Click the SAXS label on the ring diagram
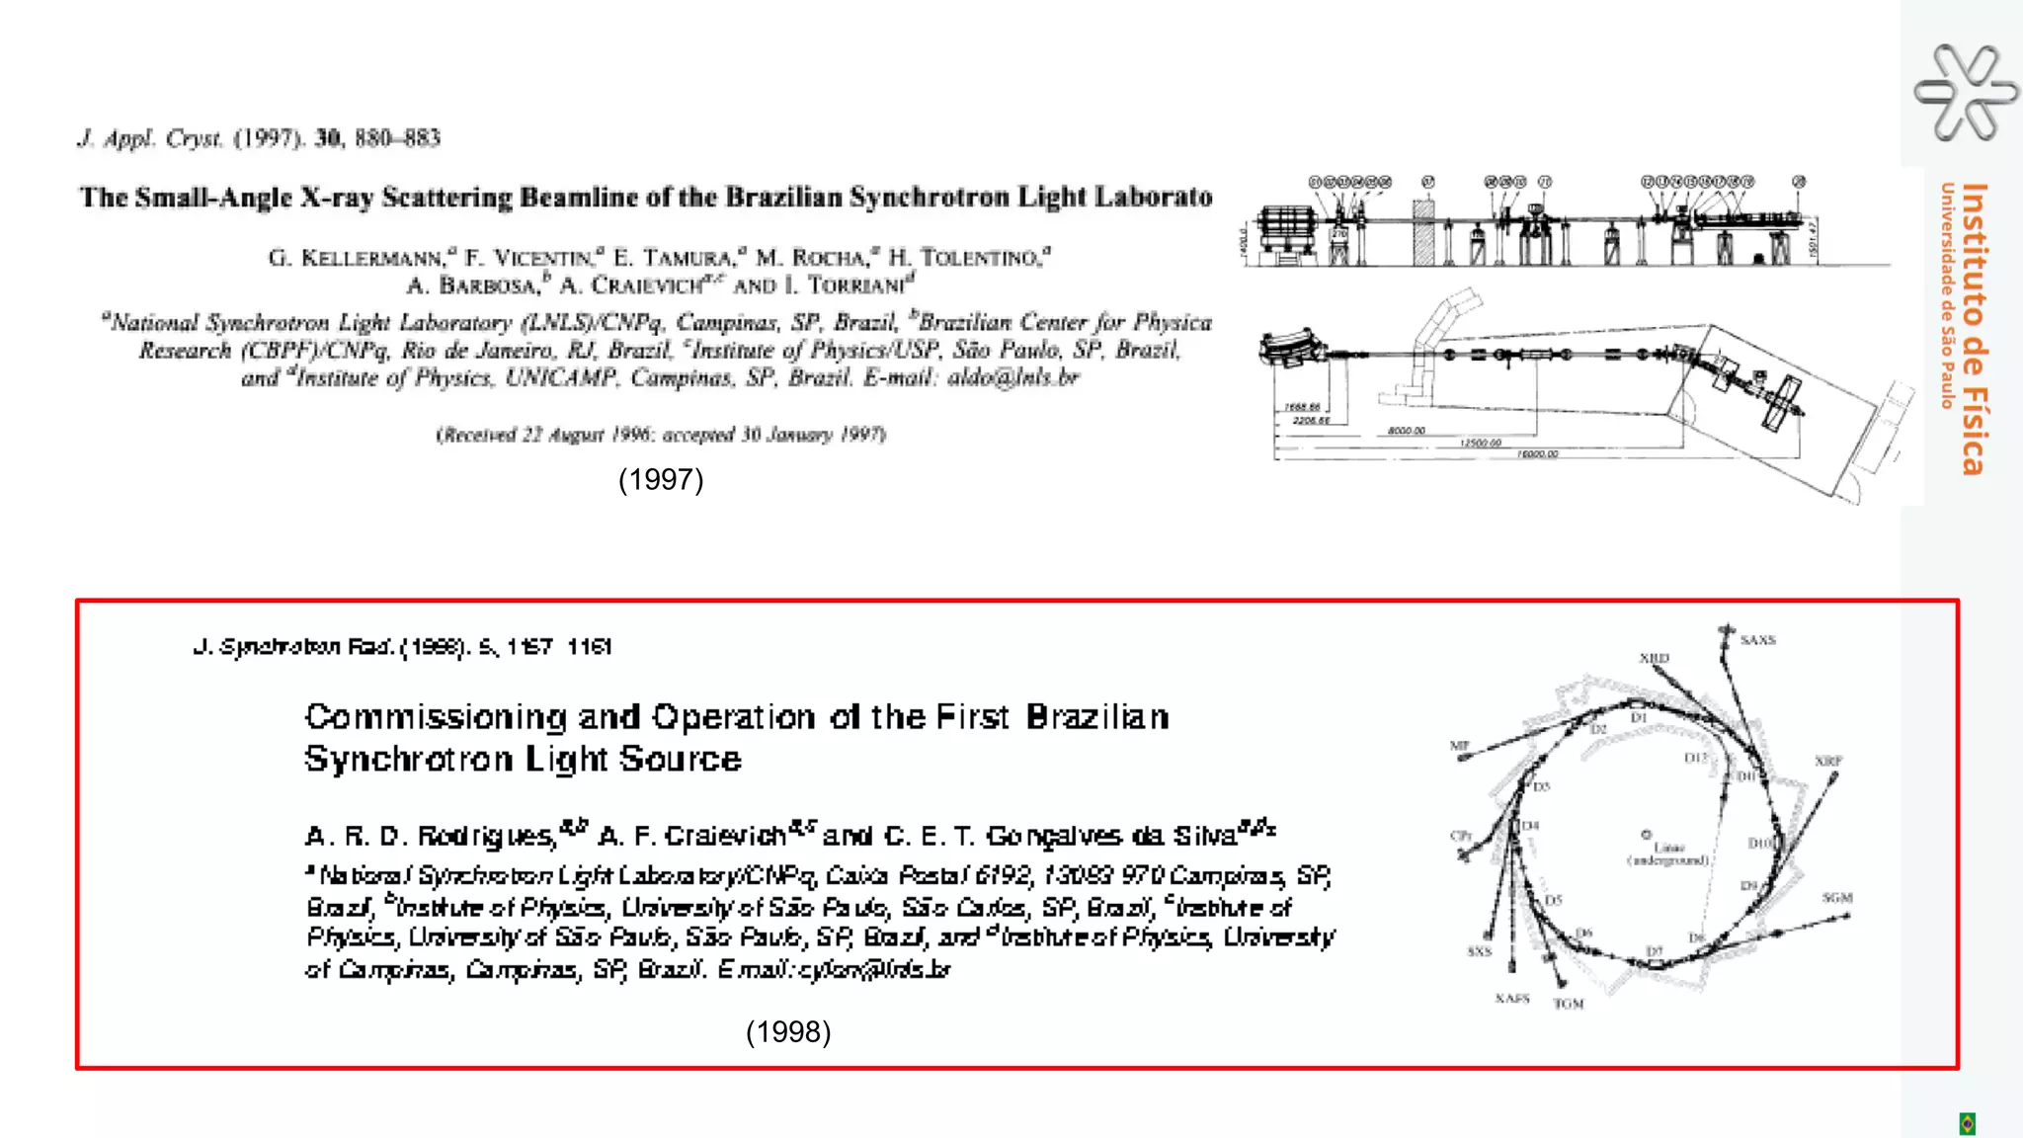coord(1757,640)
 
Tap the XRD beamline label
coord(1654,658)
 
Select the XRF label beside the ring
coord(1827,761)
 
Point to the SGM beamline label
coord(1837,898)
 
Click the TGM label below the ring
coord(1569,1004)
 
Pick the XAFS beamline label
coord(1511,999)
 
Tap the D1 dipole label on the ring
coord(1639,718)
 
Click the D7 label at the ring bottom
coord(1655,951)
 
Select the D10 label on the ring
coord(1760,843)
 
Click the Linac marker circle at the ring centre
coord(1647,835)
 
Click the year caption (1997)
coord(661,480)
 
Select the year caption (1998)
coord(788,1032)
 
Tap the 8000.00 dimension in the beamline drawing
coord(1406,431)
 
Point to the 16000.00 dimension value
coord(1537,454)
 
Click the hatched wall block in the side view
coord(1423,233)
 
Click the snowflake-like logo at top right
coord(1965,92)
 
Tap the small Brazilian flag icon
coord(1967,1123)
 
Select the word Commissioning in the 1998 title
coord(436,716)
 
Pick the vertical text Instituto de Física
coord(1973,328)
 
